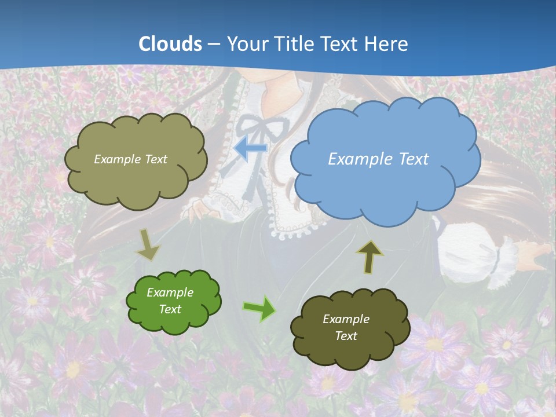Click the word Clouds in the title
(x=170, y=44)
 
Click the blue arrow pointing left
(x=250, y=149)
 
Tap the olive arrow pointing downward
(x=147, y=245)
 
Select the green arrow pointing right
(x=259, y=308)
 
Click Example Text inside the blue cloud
(x=378, y=159)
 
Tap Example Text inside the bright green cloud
(x=170, y=301)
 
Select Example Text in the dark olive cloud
(x=346, y=327)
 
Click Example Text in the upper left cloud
(x=130, y=159)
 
